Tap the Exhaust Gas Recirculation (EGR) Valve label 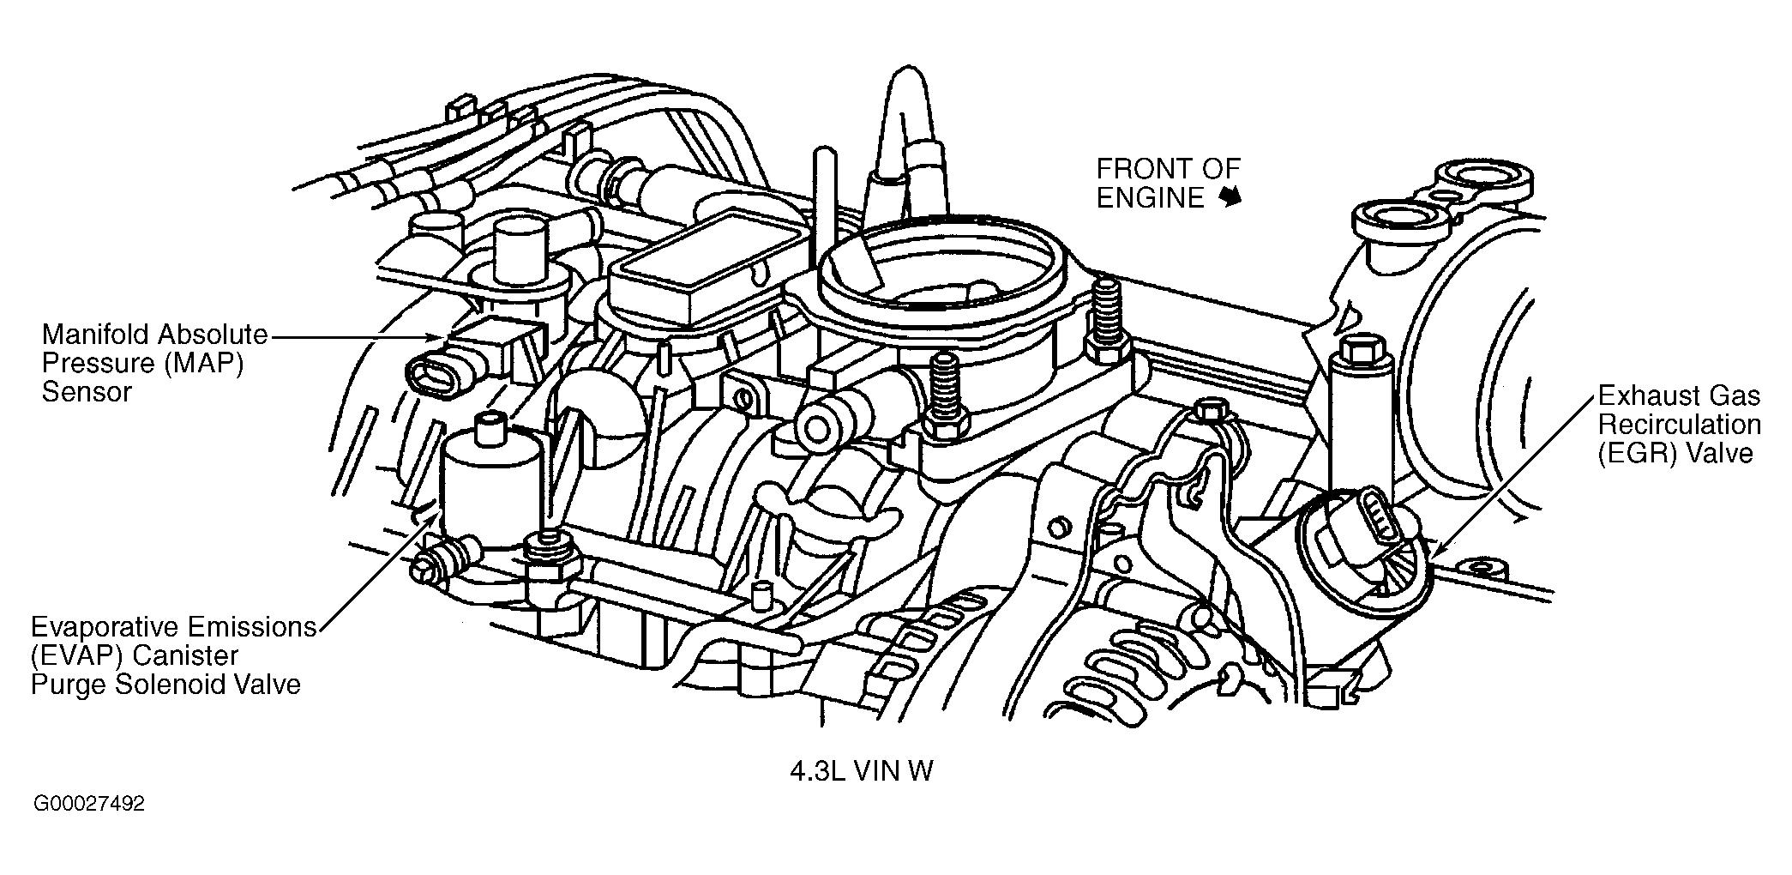point(1679,425)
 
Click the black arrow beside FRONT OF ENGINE point(1231,198)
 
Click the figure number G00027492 point(88,805)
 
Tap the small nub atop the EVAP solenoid point(490,425)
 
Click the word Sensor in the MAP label point(87,392)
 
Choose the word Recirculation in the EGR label point(1679,425)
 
